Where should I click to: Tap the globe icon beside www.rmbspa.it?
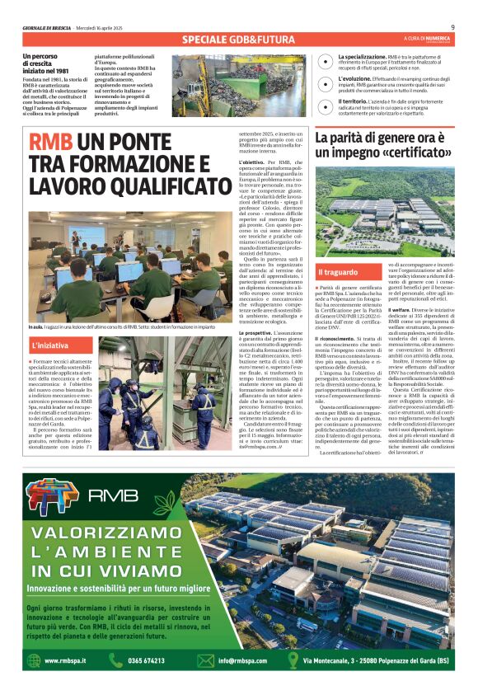32,660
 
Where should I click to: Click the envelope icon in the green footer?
205,660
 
